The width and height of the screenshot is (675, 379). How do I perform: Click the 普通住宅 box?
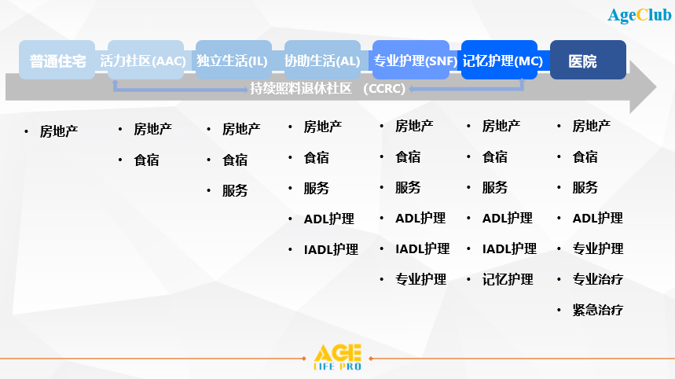(x=57, y=60)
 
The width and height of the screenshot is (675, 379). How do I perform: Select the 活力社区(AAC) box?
(x=146, y=60)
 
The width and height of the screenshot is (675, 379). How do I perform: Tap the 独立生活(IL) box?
(x=233, y=60)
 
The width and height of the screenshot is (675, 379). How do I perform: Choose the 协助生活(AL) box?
(x=322, y=60)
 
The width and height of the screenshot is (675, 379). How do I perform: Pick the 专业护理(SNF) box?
(x=411, y=60)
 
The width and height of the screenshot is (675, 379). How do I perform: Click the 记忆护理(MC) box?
(x=499, y=60)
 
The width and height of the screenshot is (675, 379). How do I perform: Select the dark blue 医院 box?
(x=588, y=60)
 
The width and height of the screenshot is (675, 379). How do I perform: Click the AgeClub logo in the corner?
(x=640, y=15)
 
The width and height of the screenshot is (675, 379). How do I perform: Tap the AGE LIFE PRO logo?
(x=338, y=357)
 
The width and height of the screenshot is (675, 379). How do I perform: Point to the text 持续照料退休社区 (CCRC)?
(x=328, y=89)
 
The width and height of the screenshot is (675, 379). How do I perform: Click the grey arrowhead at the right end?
(x=643, y=87)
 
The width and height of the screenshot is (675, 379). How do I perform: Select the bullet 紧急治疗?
(x=597, y=310)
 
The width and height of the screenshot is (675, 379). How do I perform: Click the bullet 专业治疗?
(x=597, y=279)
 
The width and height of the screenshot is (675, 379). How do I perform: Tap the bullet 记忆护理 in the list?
(x=508, y=279)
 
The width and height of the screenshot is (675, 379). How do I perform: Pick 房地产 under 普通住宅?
(x=59, y=131)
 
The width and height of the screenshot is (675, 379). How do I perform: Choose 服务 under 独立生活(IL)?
(x=235, y=190)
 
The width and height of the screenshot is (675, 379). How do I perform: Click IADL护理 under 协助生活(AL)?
(x=331, y=249)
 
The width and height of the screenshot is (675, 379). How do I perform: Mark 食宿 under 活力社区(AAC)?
(x=146, y=160)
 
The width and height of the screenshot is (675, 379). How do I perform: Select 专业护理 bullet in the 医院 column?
(x=597, y=248)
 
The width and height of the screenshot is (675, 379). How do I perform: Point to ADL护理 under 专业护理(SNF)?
(x=420, y=218)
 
